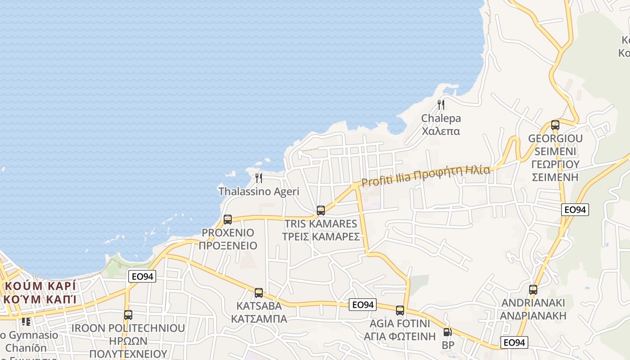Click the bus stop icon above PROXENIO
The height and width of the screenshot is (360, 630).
[x=228, y=220]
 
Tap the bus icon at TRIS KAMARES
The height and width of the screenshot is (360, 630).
[x=321, y=210]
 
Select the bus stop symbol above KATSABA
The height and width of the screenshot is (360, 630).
[x=259, y=293]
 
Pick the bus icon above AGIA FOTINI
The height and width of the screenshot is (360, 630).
[x=400, y=310]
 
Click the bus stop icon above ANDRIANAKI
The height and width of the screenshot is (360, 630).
[x=533, y=290]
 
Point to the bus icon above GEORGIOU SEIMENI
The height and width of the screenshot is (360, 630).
[x=555, y=125]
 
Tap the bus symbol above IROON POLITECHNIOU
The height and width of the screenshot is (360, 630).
[x=128, y=315]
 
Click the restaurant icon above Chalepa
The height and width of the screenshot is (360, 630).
[x=441, y=105]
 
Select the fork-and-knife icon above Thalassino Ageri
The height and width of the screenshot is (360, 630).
[x=259, y=178]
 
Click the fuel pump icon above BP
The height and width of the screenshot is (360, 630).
[x=447, y=333]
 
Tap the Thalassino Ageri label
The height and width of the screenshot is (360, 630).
[x=259, y=191]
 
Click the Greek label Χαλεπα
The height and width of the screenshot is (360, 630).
[x=441, y=131]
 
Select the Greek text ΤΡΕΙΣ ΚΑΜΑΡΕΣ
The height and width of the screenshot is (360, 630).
[x=321, y=237]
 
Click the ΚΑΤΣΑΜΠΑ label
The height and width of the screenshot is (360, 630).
[x=259, y=319]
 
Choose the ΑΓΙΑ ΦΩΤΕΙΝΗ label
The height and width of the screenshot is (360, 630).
[x=400, y=336]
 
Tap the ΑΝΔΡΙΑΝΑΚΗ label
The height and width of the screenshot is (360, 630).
[x=533, y=315]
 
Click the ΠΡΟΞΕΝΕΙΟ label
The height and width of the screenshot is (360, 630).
[x=228, y=246]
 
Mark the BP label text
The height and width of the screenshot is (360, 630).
[x=448, y=345]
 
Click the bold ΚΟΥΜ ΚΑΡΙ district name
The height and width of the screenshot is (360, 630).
[x=40, y=286]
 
